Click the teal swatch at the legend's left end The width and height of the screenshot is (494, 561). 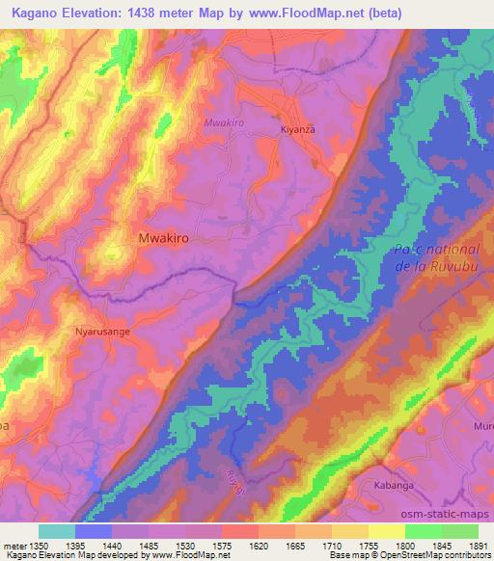click(56, 531)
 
